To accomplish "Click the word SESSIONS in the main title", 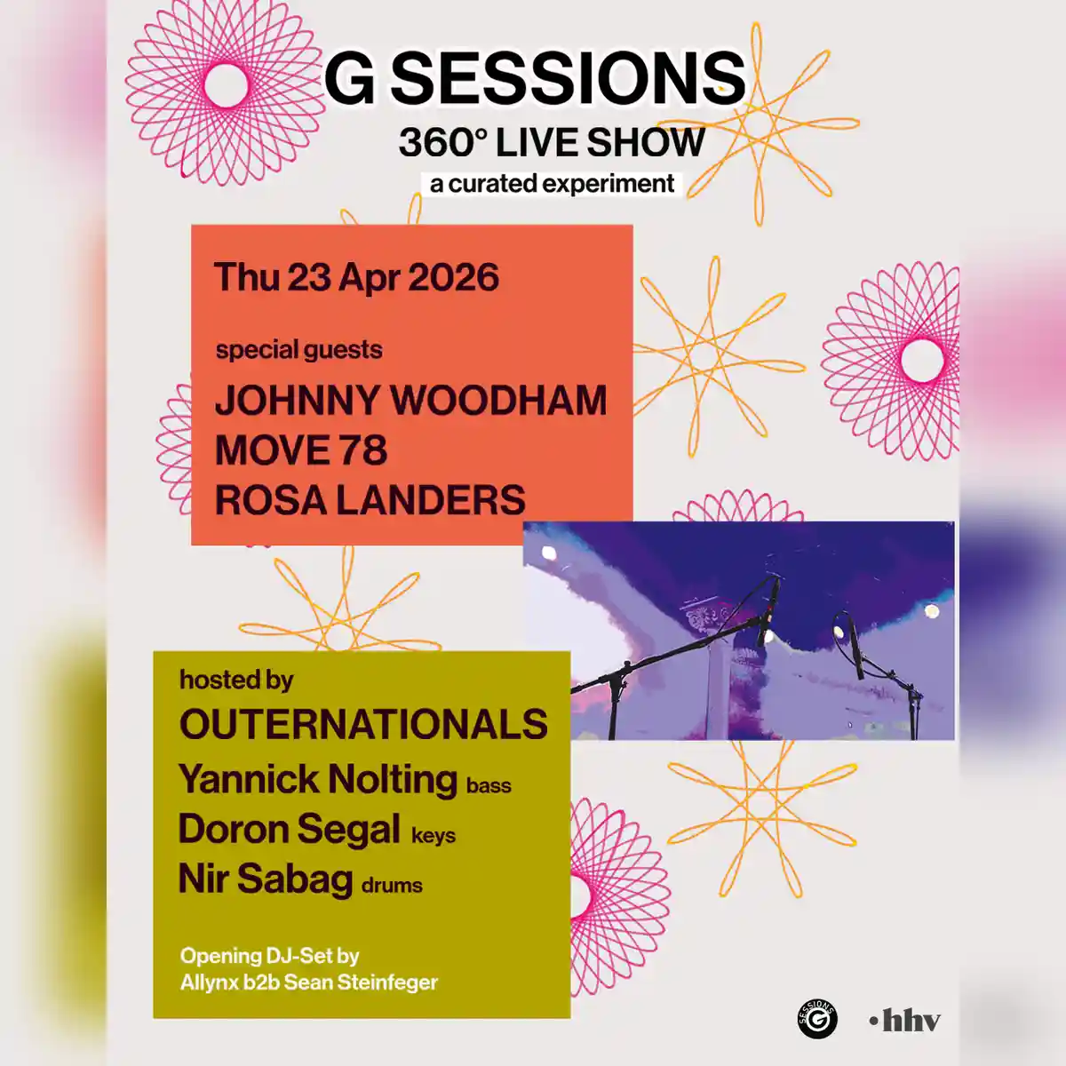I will point(569,78).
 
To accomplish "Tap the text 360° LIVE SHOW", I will point(552,143).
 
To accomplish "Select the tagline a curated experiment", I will point(552,184).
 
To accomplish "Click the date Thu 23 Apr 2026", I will point(356,277).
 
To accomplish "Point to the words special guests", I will point(298,350).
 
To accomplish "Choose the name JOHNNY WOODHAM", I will point(410,401).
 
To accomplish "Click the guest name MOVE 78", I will point(301,450).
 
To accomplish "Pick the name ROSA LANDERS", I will point(370,500).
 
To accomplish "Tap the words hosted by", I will point(236,680).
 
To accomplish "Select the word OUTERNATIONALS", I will point(363,725).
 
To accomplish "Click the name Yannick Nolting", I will point(318,779).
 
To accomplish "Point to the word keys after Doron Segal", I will point(434,836).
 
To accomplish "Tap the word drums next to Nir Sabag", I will point(392,886).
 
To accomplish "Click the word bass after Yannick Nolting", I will point(489,786).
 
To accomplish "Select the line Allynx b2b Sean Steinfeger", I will point(308,982).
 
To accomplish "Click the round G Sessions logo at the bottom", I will point(817,1019).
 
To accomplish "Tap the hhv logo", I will point(905,1021).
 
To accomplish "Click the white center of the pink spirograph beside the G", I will point(226,84).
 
